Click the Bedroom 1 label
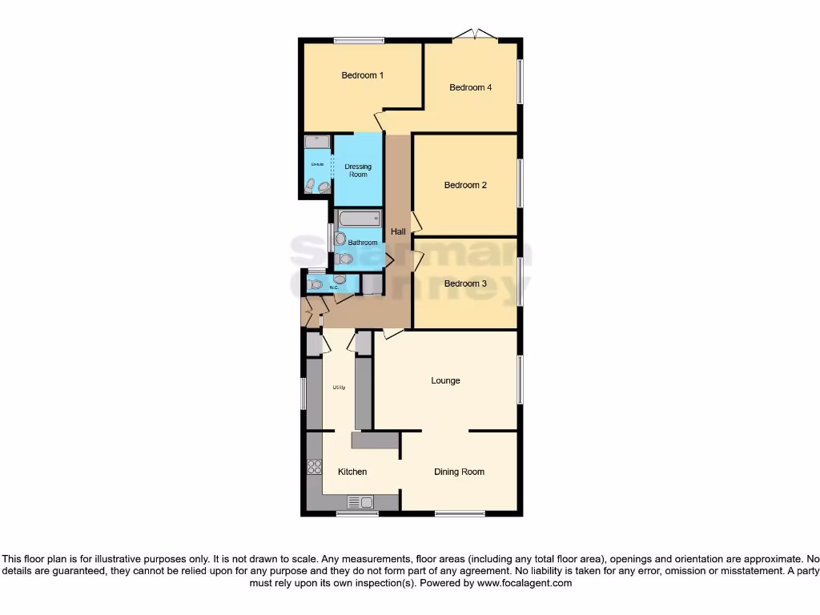tap(362, 75)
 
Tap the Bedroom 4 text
tap(470, 87)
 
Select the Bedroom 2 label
tap(465, 185)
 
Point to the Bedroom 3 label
tap(465, 283)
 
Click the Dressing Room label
tap(358, 171)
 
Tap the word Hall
tap(398, 231)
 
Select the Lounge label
tap(445, 380)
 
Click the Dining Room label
tap(459, 472)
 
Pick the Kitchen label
tap(352, 472)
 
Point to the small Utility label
tap(338, 388)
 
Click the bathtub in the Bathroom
tap(354, 219)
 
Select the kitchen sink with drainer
tap(360, 502)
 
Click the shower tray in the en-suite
tap(317, 141)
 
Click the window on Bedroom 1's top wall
tap(359, 41)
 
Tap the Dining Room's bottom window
tap(460, 513)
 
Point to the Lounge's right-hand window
tap(521, 380)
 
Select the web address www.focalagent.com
tap(525, 584)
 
